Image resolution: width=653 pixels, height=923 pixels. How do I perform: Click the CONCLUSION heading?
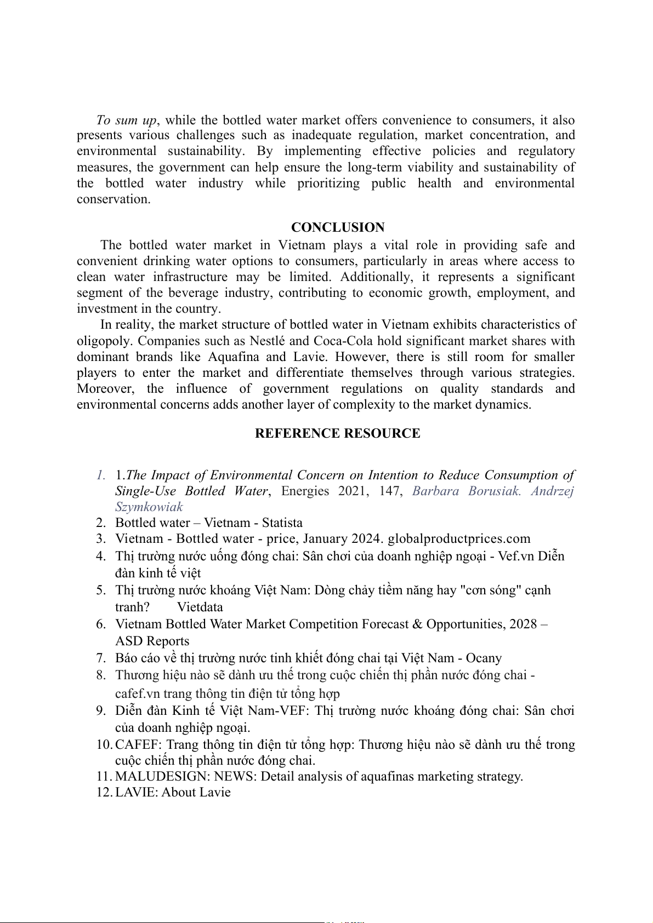click(338, 227)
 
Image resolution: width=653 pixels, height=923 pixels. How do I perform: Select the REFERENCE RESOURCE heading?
click(337, 433)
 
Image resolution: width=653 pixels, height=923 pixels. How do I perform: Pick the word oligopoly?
click(104, 341)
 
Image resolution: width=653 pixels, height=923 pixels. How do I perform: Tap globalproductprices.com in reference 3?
click(459, 539)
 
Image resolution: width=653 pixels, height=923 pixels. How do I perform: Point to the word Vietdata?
click(200, 607)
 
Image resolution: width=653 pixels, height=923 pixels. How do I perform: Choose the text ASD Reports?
click(152, 641)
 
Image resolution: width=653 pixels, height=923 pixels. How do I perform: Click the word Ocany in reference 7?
click(484, 658)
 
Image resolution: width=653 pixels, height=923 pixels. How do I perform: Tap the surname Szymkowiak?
click(149, 507)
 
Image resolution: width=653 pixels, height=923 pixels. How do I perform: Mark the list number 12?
click(103, 792)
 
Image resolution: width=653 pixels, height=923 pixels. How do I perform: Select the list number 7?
click(100, 658)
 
